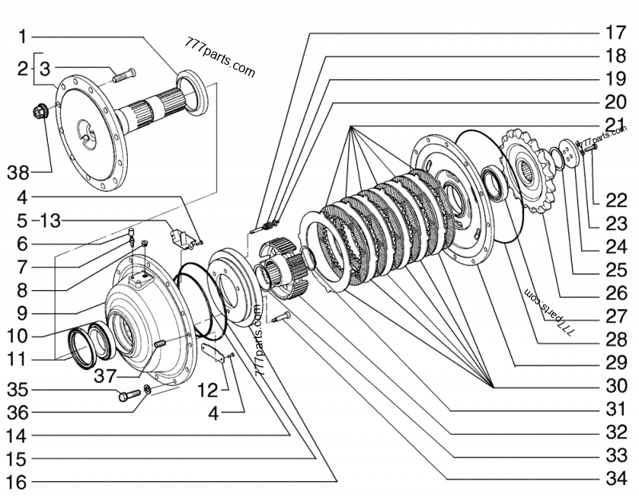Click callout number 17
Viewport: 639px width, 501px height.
point(613,34)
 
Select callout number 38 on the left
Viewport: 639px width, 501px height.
point(22,172)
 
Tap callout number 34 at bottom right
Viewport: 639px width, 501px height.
point(613,480)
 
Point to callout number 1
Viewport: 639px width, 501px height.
point(23,36)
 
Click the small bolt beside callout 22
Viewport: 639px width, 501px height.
point(588,148)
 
